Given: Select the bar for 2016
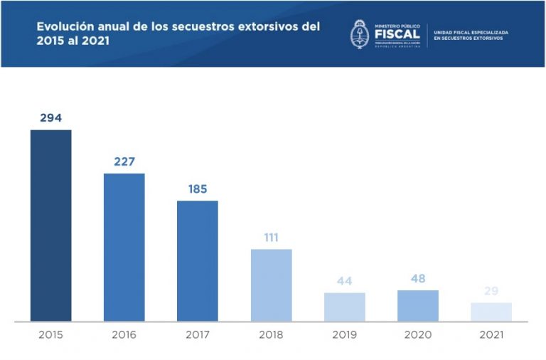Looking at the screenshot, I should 124,247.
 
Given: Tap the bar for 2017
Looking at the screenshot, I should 198,260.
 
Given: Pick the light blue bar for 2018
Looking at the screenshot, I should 271,285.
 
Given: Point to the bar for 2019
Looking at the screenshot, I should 345,307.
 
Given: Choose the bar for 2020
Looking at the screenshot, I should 418,305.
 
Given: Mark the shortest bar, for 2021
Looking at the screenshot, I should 491,312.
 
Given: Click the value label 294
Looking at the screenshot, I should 50,117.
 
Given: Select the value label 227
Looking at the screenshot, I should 124,162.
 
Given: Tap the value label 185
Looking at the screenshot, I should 198,189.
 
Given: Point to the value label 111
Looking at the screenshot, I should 271,238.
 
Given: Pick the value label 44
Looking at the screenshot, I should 345,281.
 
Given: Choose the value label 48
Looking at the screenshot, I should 418,278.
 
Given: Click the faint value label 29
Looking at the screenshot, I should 491,292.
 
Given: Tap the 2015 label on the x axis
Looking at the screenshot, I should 50,334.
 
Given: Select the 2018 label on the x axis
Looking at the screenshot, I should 271,334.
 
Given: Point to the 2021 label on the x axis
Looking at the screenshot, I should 491,334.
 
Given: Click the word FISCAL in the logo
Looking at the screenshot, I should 396,35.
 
